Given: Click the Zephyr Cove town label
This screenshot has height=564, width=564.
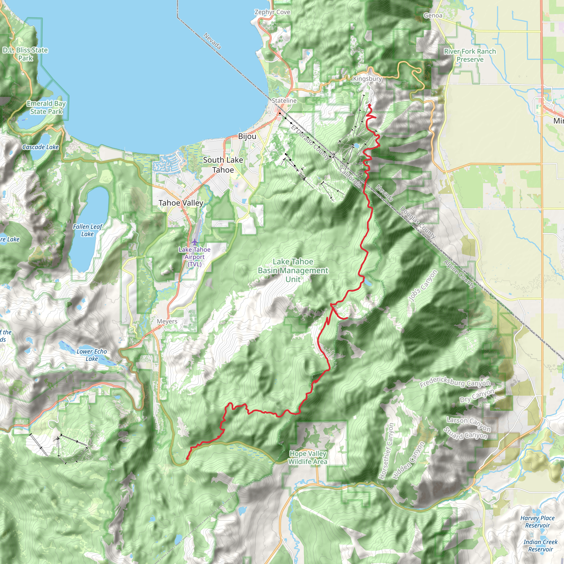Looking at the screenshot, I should (x=272, y=12).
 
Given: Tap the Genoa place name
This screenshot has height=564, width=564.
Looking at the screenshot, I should (x=433, y=15).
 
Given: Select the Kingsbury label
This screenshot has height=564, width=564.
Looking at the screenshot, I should (x=367, y=79).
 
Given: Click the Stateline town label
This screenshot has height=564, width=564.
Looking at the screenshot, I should (x=284, y=101).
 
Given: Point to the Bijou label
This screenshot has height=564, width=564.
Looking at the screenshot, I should (x=247, y=136).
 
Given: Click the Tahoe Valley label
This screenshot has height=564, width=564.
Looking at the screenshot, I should (x=181, y=203).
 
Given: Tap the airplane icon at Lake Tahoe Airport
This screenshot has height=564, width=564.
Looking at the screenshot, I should (x=195, y=242).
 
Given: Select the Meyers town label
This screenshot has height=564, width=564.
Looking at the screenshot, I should (x=167, y=321).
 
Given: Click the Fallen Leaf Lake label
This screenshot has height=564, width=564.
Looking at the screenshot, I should (x=88, y=230).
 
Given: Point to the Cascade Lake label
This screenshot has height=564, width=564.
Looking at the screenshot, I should (x=40, y=147).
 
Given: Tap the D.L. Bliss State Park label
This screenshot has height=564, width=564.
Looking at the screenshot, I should (x=25, y=54).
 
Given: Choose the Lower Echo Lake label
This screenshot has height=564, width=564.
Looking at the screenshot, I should (x=92, y=355).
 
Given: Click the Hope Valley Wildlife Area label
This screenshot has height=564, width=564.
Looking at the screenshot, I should (x=308, y=457).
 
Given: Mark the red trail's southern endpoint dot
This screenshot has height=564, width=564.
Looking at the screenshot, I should (x=187, y=459).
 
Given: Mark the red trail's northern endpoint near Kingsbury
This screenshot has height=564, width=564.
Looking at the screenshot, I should (x=369, y=105).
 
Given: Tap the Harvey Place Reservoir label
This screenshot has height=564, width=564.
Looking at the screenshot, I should (x=538, y=522).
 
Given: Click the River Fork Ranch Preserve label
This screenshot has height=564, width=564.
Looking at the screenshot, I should (x=470, y=55).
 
